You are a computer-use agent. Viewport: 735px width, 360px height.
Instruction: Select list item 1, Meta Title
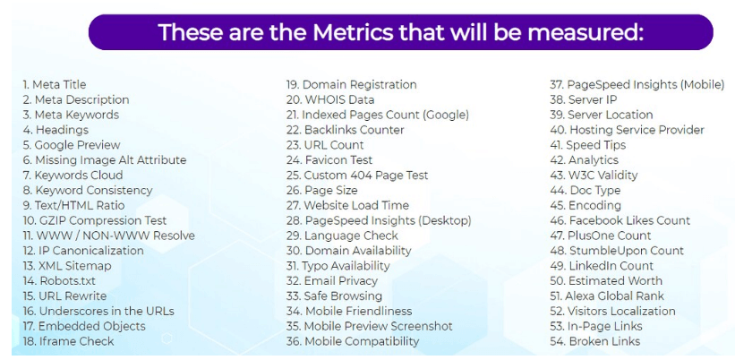[x=55, y=85]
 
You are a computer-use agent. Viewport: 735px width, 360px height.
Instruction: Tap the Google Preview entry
[x=72, y=145]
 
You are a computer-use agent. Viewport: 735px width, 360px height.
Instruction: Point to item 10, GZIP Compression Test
[x=95, y=220]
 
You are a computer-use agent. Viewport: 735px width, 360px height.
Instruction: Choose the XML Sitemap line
[x=67, y=266]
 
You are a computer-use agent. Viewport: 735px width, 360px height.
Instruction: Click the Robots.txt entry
[x=59, y=281]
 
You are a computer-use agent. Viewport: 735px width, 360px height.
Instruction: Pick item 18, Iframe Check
[x=68, y=341]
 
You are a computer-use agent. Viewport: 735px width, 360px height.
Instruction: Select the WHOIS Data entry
[x=330, y=99]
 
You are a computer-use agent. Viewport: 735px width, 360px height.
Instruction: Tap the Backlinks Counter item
[x=346, y=130]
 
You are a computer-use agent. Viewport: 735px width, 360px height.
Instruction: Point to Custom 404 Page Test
[x=357, y=176]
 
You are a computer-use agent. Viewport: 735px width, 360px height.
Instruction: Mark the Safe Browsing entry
[x=334, y=296]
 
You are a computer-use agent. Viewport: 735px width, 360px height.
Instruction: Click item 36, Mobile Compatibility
[x=353, y=341]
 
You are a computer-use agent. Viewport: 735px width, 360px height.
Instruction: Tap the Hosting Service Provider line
[x=628, y=130]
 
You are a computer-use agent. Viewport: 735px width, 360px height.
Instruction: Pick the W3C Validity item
[x=594, y=176]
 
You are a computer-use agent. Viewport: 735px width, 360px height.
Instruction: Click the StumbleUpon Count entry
[x=617, y=251]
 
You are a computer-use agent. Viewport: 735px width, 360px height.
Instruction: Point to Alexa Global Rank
[x=607, y=296]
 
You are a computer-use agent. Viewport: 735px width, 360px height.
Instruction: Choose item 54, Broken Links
[x=595, y=341]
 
